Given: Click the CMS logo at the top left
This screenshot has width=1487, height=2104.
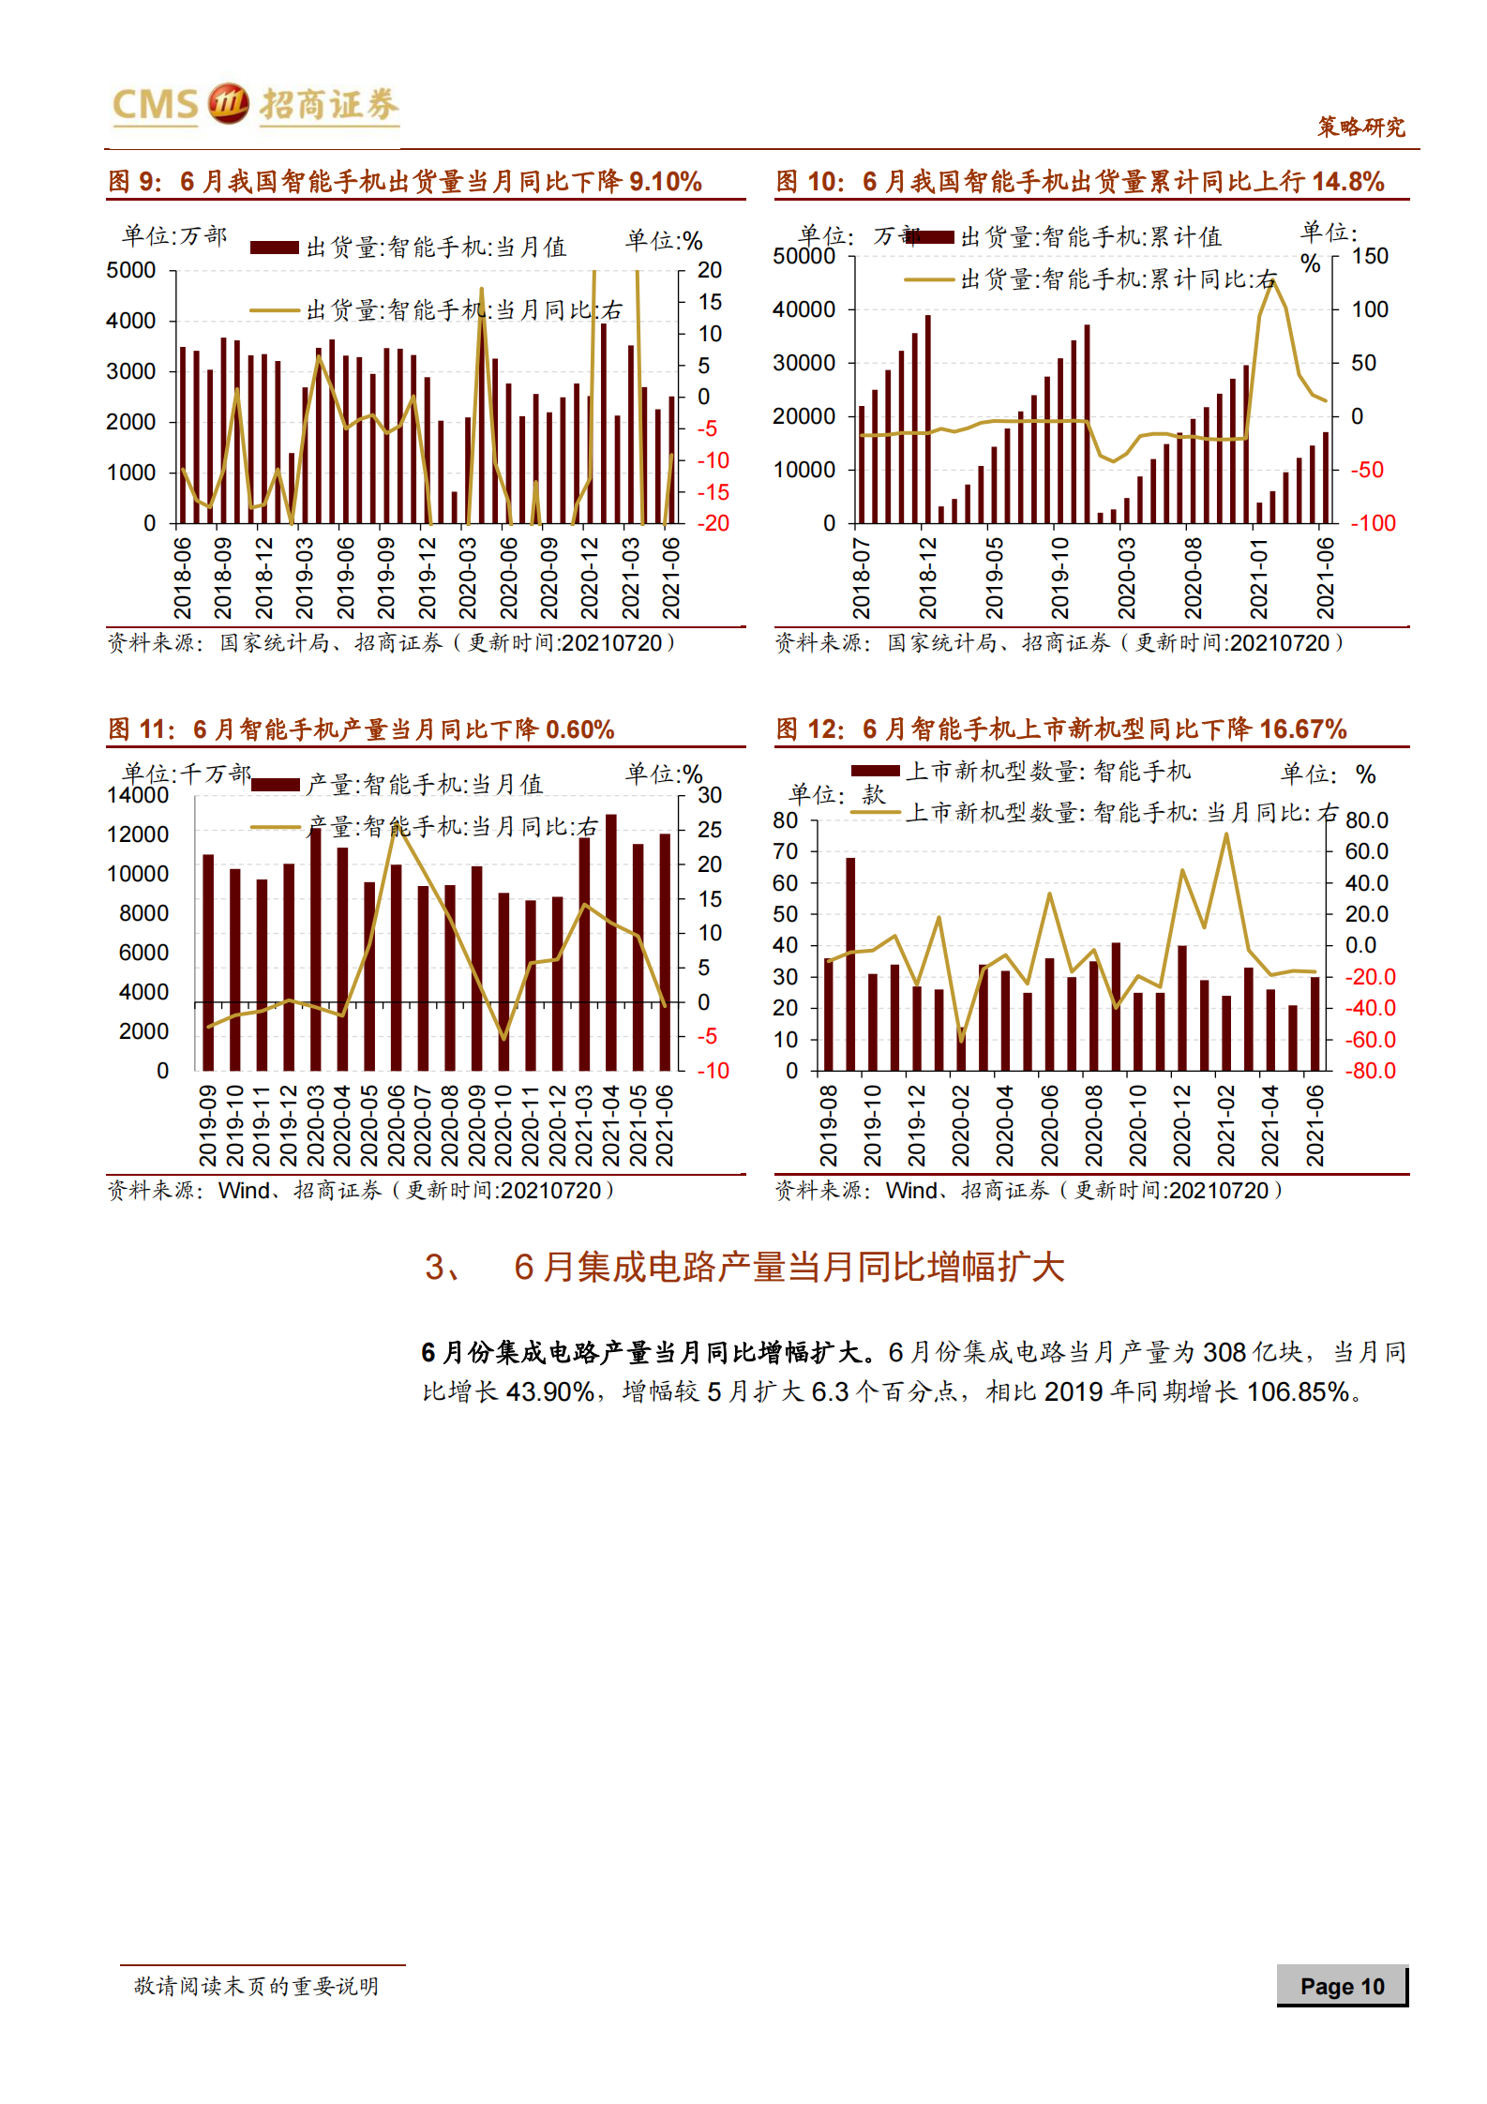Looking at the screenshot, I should (x=253, y=104).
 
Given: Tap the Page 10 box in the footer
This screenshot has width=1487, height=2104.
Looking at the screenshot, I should (x=1342, y=1986).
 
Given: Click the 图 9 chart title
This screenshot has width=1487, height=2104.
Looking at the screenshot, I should (x=404, y=181).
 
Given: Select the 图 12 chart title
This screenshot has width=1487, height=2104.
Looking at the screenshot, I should (x=1060, y=729).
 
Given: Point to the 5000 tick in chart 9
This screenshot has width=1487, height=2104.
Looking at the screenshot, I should (x=131, y=270).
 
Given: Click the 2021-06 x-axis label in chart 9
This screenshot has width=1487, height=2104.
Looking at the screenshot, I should (x=671, y=578).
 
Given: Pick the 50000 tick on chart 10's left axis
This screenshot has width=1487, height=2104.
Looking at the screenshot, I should (x=804, y=256).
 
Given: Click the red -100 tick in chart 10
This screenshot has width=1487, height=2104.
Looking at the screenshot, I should (x=1372, y=523).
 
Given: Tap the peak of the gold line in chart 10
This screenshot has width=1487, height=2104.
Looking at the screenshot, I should (x=1272, y=281).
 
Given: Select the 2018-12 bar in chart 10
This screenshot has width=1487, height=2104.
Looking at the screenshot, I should (x=928, y=418).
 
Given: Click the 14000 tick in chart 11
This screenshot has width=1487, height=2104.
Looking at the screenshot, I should (x=138, y=795).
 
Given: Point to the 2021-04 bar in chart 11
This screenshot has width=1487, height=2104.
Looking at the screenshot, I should (x=611, y=942).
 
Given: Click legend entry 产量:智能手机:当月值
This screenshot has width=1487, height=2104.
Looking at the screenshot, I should (x=424, y=784).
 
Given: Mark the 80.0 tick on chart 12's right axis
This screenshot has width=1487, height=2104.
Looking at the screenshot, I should (x=1366, y=820).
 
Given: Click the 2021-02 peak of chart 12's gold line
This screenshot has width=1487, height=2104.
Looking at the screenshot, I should (x=1226, y=834).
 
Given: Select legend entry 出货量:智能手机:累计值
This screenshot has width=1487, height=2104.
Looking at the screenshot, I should (x=1090, y=237).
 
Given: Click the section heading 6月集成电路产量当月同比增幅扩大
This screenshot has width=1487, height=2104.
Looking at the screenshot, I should (x=788, y=1267).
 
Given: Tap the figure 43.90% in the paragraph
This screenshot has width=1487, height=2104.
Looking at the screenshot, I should (x=549, y=1391).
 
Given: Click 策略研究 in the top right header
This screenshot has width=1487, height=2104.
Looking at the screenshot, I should (x=1360, y=127).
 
